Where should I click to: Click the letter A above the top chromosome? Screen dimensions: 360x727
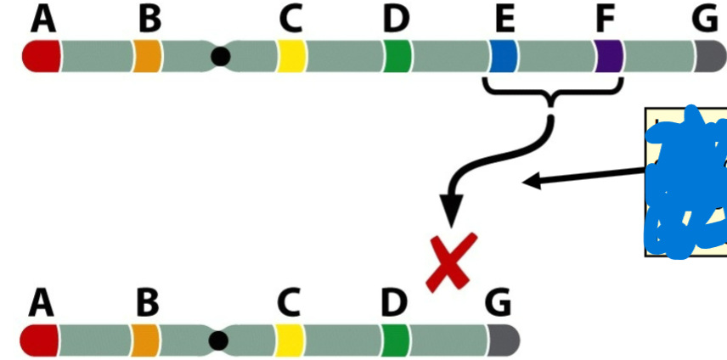pyautogui.click(x=43, y=20)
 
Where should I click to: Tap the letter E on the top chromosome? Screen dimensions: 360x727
pyautogui.click(x=506, y=20)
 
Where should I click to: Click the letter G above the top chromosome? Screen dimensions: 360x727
pyautogui.click(x=705, y=20)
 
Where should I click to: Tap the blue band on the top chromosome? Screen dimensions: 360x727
pyautogui.click(x=504, y=56)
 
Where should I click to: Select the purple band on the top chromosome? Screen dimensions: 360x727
pyautogui.click(x=609, y=56)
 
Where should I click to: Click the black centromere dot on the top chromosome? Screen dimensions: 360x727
pyautogui.click(x=221, y=57)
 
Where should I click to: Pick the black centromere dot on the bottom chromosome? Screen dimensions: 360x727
pyautogui.click(x=218, y=340)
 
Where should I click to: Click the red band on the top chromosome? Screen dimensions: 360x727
pyautogui.click(x=41, y=57)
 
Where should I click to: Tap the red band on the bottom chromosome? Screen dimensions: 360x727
pyautogui.click(x=40, y=340)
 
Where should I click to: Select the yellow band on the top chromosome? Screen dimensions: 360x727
pyautogui.click(x=291, y=57)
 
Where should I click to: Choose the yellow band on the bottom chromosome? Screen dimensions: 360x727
pyautogui.click(x=289, y=340)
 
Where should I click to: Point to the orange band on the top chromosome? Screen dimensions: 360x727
pyautogui.click(x=147, y=57)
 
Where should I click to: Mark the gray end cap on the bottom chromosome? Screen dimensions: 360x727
pyautogui.click(x=503, y=340)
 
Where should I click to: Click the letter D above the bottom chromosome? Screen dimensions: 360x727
pyautogui.click(x=394, y=301)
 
